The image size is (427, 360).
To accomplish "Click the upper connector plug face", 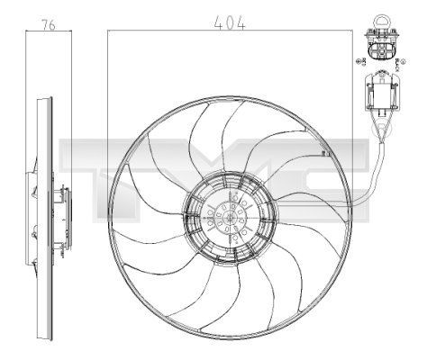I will [x=379, y=47].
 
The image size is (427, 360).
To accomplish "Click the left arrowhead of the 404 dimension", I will [x=111, y=31].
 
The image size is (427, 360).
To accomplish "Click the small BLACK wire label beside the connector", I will [x=399, y=59].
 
